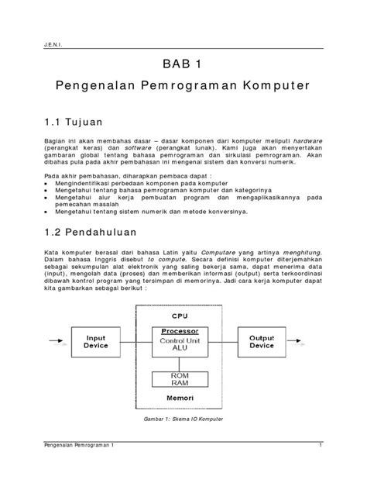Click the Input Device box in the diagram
coord(96,342)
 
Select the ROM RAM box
coord(179,379)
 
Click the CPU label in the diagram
coord(179,316)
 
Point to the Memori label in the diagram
coord(179,399)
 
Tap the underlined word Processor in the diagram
coord(179,330)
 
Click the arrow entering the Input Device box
coord(59,342)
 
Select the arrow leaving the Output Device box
coord(301,342)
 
